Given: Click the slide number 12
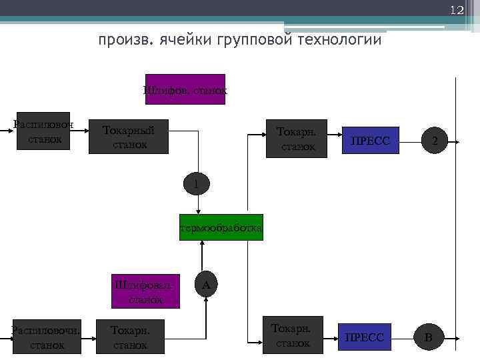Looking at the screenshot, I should (456, 11).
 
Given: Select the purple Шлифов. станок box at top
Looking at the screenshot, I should (185, 89).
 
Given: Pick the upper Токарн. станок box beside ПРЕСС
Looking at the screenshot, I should (297, 139).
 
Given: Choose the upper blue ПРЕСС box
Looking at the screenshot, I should (370, 141).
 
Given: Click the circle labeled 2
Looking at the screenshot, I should (435, 141).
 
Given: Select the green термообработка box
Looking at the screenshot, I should (221, 228).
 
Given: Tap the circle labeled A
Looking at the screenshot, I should (206, 285).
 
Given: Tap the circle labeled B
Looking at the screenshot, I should (429, 337).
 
